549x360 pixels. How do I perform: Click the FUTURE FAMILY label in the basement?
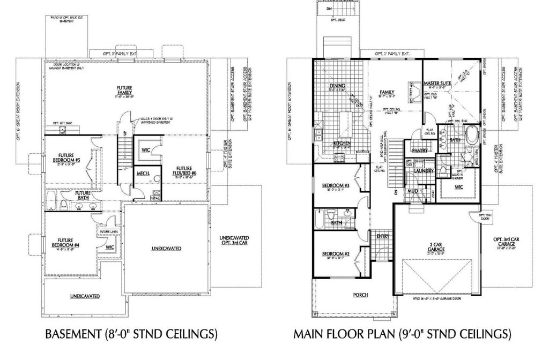click(125, 91)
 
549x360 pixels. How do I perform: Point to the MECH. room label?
click(143, 174)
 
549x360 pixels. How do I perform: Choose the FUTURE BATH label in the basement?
click(83, 196)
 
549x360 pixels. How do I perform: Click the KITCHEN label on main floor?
click(342, 144)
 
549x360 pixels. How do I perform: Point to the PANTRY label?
click(420, 151)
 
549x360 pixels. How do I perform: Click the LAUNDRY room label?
click(423, 171)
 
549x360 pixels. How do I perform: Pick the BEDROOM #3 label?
click(336, 186)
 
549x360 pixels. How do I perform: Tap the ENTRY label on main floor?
click(382, 236)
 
